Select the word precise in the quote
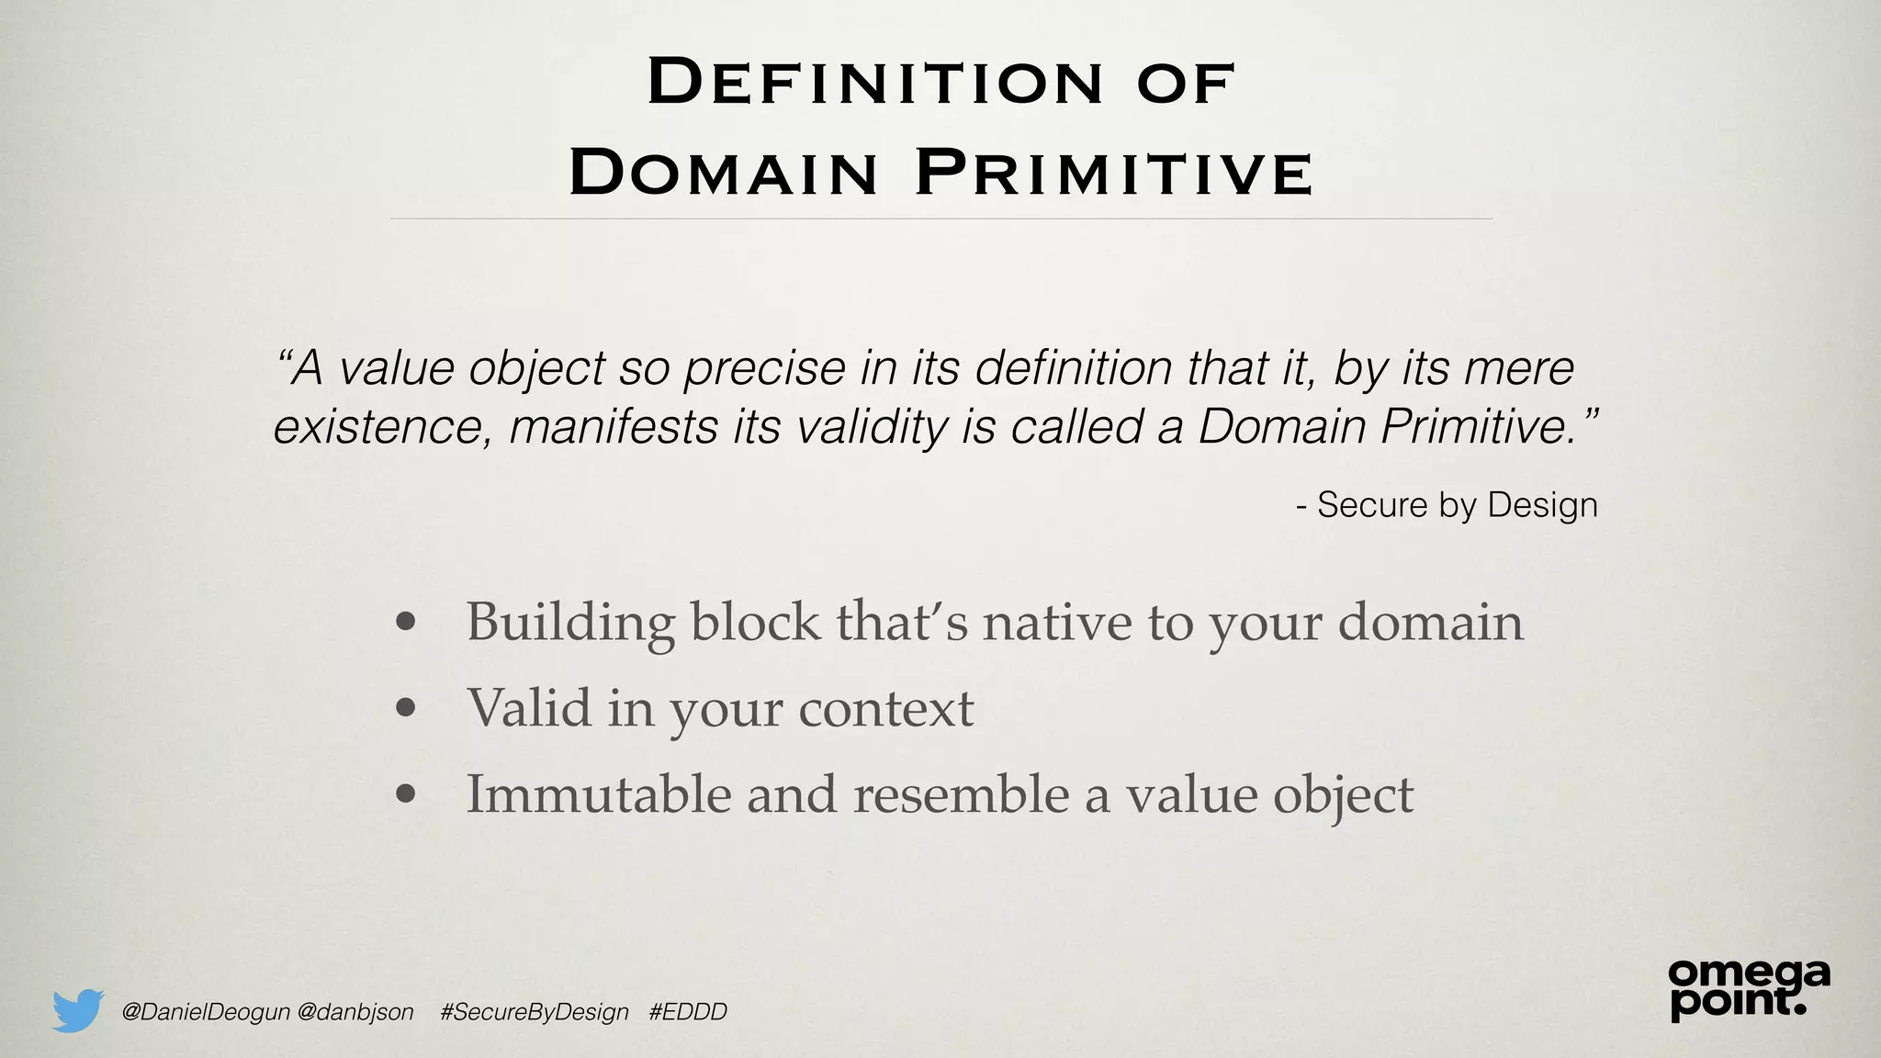tap(764, 368)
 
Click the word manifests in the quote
tap(614, 427)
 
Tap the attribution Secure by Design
tap(1457, 505)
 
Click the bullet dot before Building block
tap(405, 624)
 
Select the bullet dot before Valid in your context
tap(405, 708)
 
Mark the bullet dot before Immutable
tap(405, 794)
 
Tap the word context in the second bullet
tap(885, 708)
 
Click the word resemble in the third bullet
tap(961, 793)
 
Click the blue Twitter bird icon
tap(77, 1011)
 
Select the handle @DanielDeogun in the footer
tap(206, 1012)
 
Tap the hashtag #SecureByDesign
tap(535, 1012)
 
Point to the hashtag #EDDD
tap(688, 1012)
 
